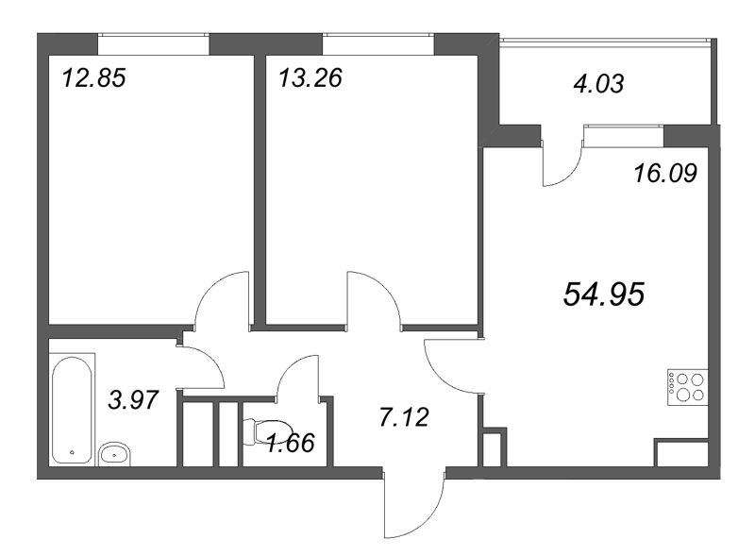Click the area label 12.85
click(93, 77)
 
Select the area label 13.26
click(310, 77)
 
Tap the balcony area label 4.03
click(599, 83)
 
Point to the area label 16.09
click(665, 174)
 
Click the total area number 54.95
click(603, 295)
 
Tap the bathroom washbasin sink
click(115, 454)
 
